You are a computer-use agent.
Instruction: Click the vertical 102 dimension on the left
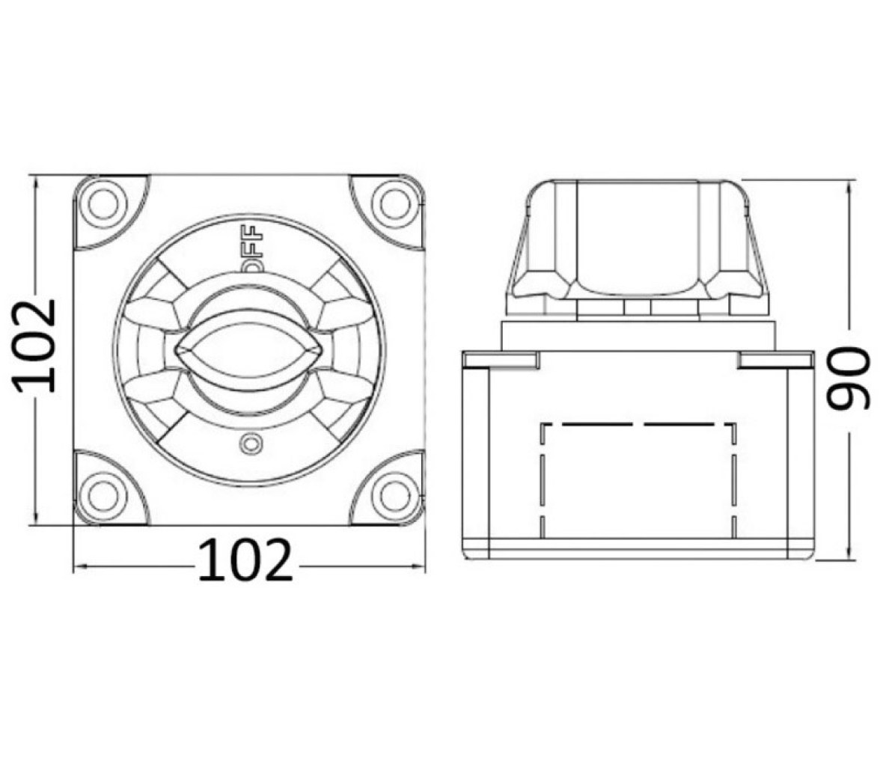(34, 346)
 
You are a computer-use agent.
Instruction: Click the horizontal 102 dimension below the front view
(245, 560)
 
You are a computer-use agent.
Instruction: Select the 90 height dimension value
(847, 376)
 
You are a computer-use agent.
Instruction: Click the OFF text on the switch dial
(253, 248)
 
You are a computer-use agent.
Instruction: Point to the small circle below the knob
(250, 444)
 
